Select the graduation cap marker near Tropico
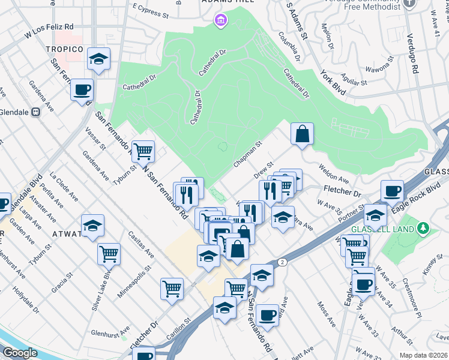[x=98, y=59]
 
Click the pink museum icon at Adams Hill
[x=220, y=22]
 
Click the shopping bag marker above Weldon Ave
[x=303, y=133]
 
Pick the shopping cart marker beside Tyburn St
[x=143, y=151]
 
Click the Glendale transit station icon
[x=35, y=112]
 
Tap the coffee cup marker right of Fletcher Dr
[x=392, y=191]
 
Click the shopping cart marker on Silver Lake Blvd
[x=109, y=253]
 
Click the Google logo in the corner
[x=20, y=353]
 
